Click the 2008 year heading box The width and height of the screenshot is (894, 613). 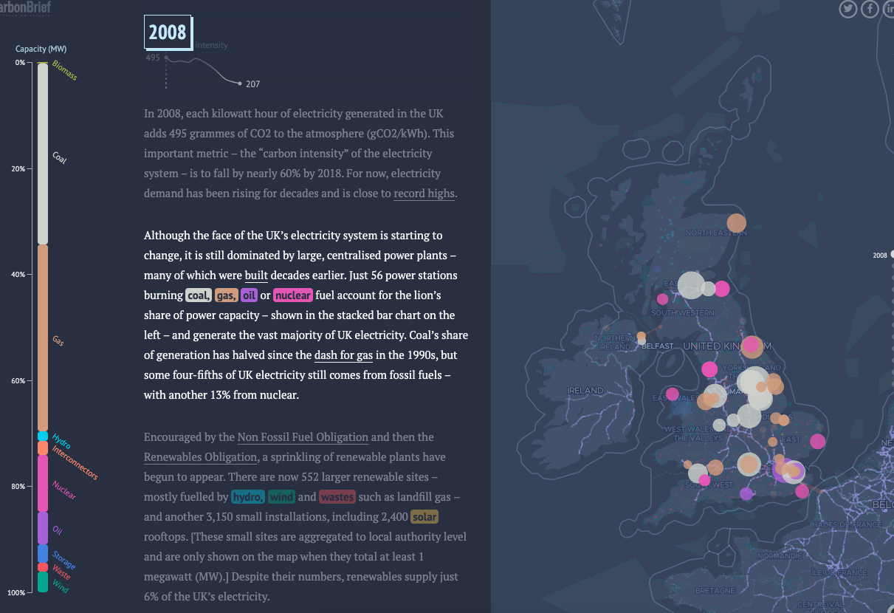tap(168, 32)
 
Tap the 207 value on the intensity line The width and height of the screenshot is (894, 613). tap(253, 84)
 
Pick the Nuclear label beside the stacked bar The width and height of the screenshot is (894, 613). tap(64, 490)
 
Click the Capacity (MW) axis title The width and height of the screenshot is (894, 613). tap(41, 49)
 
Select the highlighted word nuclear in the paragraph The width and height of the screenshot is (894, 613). tap(292, 295)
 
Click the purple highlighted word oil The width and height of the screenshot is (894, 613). tap(249, 295)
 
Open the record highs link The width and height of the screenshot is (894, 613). tap(424, 194)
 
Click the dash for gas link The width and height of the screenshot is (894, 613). tap(343, 355)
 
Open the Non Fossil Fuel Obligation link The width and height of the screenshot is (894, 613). tap(303, 437)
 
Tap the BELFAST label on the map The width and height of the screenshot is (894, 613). tap(658, 346)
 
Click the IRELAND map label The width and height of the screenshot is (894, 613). tap(585, 390)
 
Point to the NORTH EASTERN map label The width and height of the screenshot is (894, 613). tap(716, 233)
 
